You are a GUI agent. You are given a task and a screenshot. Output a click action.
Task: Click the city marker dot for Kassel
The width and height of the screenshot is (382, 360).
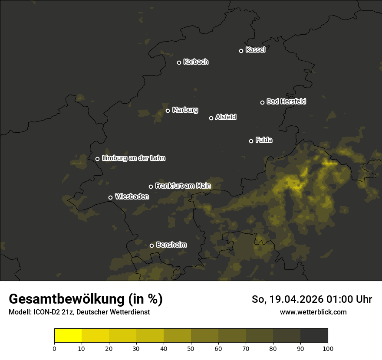pos(241,51)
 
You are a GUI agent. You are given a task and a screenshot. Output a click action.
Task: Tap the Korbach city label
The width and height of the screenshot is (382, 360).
pos(196,62)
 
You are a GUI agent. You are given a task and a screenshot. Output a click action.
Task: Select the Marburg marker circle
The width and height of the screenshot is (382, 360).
pos(168,111)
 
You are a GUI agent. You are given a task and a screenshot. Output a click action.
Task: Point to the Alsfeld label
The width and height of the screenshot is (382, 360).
pos(226,117)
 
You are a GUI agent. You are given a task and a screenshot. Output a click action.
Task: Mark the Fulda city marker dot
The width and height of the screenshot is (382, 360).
pos(251,141)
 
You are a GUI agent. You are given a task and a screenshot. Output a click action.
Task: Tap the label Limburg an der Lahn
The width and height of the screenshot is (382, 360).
pos(134,158)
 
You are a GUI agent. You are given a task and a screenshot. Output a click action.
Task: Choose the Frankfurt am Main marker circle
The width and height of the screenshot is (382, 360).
pos(151,187)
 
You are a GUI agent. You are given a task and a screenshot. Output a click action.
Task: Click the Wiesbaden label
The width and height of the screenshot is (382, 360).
pos(132,197)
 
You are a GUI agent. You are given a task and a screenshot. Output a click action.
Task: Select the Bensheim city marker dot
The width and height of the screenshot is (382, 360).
pos(151,245)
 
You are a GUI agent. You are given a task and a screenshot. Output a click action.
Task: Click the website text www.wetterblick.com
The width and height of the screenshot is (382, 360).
pos(313,312)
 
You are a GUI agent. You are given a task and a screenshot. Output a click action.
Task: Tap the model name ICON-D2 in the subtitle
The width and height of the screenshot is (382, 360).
pos(46,312)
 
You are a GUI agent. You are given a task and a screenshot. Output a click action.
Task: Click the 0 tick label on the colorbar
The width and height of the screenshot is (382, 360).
pos(54,348)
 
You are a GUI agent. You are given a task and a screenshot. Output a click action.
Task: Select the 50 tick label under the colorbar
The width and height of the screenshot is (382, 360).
pos(191,348)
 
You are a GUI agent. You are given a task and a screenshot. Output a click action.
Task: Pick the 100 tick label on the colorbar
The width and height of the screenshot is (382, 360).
pos(328,348)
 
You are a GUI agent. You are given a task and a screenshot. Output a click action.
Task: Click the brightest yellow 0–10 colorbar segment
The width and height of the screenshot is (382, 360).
pos(68,336)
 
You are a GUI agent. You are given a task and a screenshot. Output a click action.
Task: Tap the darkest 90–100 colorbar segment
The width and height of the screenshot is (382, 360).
pos(314,336)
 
